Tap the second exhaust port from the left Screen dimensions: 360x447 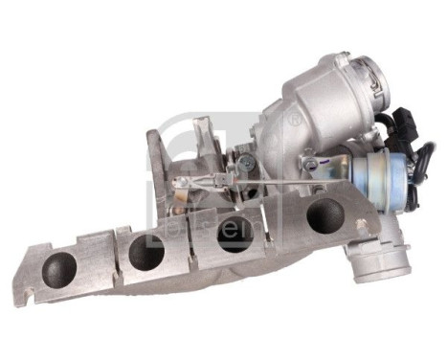(x=146, y=251)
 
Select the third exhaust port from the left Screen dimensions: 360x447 (x=235, y=234)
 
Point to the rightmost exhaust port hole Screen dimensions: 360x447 (x=323, y=216)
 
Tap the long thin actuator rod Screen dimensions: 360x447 (x=268, y=181)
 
